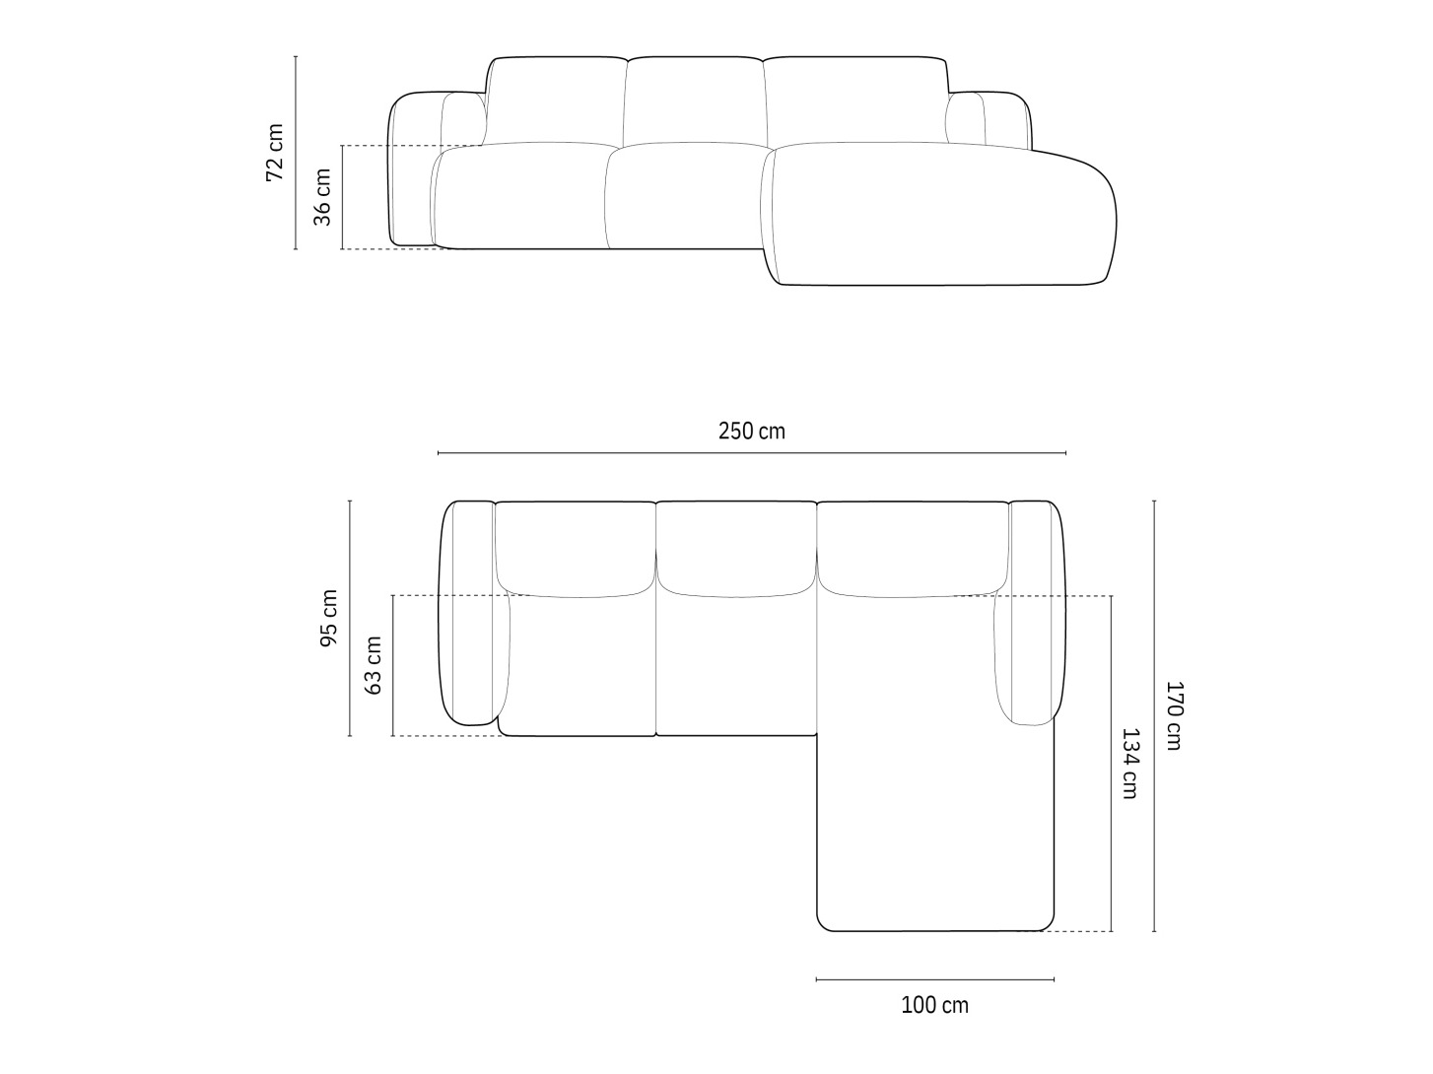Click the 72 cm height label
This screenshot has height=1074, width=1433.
point(275,153)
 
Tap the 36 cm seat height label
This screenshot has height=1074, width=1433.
point(322,196)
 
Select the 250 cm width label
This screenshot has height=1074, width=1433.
point(752,431)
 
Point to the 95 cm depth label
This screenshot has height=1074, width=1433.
point(329,619)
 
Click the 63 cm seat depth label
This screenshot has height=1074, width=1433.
point(374,665)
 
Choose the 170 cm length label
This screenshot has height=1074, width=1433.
point(1173,715)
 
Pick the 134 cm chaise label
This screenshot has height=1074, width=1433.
point(1129,763)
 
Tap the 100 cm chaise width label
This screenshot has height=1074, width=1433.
point(934,1005)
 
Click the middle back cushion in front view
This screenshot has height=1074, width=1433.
point(695,101)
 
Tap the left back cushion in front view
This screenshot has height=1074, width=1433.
point(556,101)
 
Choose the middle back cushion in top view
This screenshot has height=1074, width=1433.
point(736,547)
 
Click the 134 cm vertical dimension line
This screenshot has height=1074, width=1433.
point(1112,764)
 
